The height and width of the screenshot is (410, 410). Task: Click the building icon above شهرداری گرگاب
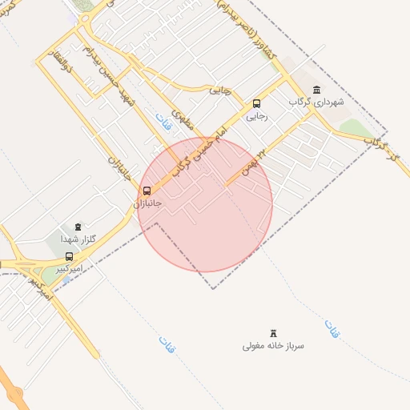(318, 90)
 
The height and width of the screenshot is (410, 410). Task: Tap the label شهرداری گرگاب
(318, 102)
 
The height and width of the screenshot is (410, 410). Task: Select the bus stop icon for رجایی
(256, 103)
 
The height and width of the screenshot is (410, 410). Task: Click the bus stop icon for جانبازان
(146, 191)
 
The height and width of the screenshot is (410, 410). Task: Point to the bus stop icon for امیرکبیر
(69, 257)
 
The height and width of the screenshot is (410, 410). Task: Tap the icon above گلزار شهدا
(77, 228)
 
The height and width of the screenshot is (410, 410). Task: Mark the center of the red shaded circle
(205, 204)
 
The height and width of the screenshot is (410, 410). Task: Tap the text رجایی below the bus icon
(256, 116)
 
